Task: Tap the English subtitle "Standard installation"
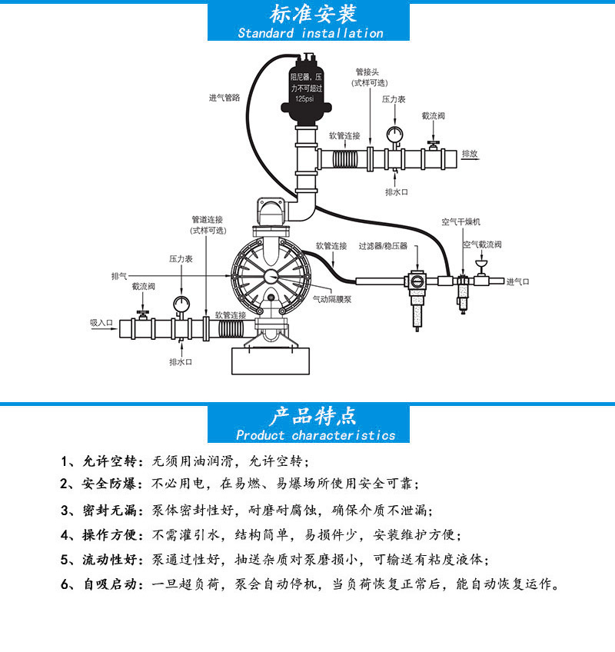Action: [x=310, y=33]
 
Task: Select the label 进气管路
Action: [x=224, y=98]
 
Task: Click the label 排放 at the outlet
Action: [x=470, y=154]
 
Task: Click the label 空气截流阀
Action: [x=482, y=244]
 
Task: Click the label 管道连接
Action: [x=208, y=219]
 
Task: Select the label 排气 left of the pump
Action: [x=119, y=275]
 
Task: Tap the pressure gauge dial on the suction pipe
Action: [x=181, y=302]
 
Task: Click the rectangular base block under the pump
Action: [x=271, y=358]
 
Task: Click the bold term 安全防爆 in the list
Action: [x=108, y=484]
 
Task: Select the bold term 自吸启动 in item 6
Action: [x=108, y=584]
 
